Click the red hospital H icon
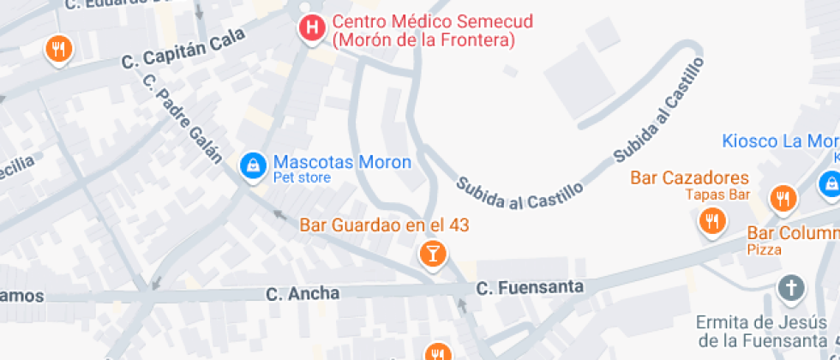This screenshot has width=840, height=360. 312,27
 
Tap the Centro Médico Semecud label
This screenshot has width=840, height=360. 423,31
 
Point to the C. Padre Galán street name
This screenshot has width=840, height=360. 183,119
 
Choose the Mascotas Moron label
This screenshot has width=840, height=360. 342,162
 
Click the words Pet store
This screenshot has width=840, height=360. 302,178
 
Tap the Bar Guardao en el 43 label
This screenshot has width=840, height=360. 384,225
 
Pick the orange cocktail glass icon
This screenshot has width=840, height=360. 432,253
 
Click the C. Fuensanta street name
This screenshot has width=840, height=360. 530,287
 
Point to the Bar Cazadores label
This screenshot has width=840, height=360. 689,178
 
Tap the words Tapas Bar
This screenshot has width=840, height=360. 717,194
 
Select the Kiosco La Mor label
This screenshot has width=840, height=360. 780,141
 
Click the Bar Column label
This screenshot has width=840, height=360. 793,233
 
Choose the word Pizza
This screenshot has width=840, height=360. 764,249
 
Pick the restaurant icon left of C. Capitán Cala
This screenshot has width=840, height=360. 58,50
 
